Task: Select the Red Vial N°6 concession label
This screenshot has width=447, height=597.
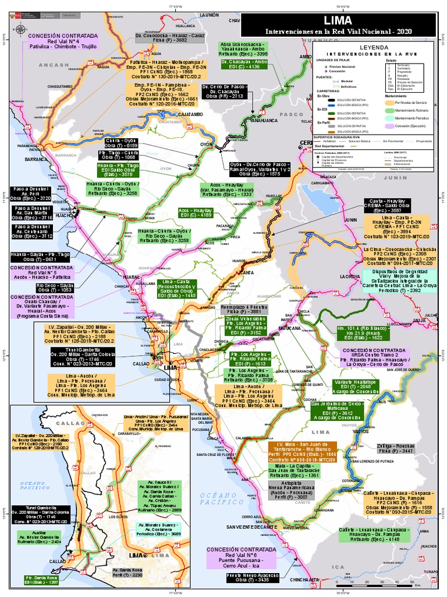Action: (x=242, y=558)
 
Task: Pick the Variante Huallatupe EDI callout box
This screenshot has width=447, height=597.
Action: (x=338, y=387)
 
